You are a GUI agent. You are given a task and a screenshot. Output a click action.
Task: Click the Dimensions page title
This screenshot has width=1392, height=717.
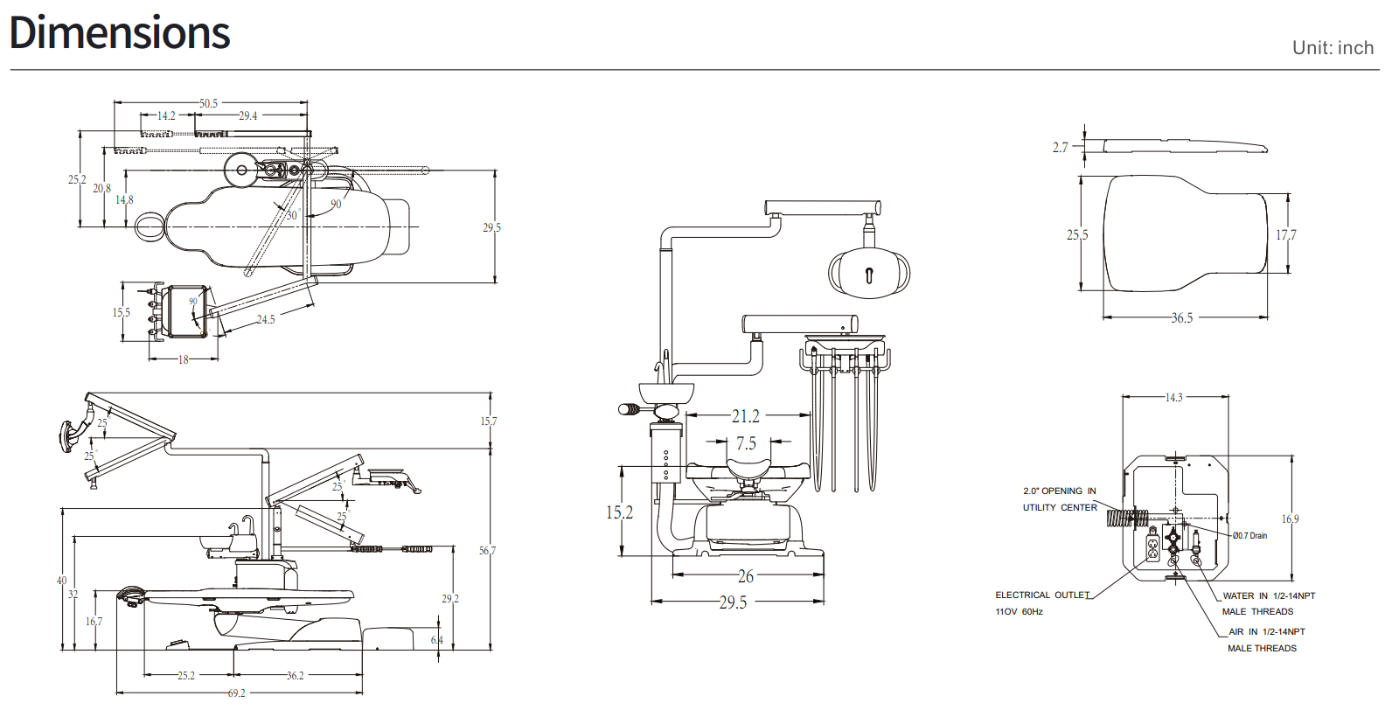coord(119,32)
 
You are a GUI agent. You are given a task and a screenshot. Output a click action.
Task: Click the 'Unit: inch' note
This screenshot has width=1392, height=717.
coord(1333,48)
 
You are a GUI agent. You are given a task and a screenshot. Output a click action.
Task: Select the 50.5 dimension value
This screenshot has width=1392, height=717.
coord(209,103)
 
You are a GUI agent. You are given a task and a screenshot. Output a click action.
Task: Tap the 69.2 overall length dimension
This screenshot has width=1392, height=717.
coord(237,693)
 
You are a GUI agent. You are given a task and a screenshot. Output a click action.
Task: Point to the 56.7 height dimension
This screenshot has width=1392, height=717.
coord(487,551)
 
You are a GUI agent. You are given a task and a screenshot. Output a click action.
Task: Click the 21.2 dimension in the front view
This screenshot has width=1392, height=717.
coord(746,416)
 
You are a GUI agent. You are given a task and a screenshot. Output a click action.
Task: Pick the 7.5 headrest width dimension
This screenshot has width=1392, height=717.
coord(747,443)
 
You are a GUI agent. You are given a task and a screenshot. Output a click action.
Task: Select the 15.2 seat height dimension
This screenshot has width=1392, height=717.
coord(620,512)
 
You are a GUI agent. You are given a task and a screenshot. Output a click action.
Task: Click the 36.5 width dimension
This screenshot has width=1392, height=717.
coord(1182,318)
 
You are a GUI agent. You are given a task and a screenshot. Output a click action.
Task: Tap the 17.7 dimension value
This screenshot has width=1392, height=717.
coord(1286,235)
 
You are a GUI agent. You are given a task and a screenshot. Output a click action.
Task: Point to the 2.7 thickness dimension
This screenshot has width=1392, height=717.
coord(1060,147)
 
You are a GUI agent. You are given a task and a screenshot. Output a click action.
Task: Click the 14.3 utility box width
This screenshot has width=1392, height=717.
coord(1174,397)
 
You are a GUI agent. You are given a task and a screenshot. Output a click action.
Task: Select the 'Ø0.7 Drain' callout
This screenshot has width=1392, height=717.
coord(1250,536)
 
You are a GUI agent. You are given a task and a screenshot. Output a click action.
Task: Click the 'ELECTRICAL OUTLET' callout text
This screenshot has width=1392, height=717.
coord(1043,595)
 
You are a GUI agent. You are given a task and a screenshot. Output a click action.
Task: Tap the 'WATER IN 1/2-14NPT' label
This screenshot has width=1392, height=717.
coord(1269,595)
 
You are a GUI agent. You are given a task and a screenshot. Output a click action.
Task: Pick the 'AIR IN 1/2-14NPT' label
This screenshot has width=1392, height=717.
coord(1266,631)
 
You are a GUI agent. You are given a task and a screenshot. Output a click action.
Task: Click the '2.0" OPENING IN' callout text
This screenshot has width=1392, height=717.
coord(1060,491)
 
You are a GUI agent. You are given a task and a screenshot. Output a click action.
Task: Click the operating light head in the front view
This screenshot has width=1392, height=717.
coord(869,272)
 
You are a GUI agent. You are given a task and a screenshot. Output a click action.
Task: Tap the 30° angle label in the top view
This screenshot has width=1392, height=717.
coord(293,215)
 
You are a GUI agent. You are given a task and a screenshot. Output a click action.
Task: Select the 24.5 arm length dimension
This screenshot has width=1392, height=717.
coord(265,319)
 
